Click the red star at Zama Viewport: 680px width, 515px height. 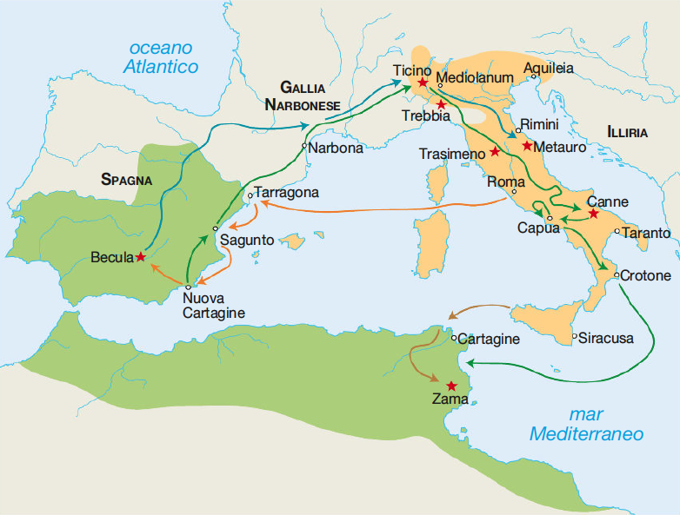(x=450, y=386)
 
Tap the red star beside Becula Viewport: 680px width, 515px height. (x=140, y=256)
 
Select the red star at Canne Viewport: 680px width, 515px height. (x=593, y=213)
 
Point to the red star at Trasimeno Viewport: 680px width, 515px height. (x=495, y=151)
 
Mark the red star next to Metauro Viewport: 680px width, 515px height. (x=527, y=145)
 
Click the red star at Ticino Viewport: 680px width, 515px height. (x=423, y=83)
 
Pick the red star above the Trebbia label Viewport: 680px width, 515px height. (x=442, y=104)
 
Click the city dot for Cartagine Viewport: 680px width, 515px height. (x=454, y=338)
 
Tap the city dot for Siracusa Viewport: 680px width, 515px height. (x=575, y=335)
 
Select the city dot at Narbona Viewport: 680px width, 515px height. (x=303, y=146)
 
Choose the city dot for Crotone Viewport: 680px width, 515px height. (x=616, y=275)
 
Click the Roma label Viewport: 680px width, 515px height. (x=506, y=182)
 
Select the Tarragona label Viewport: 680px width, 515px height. (x=287, y=192)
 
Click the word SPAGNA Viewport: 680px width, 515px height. (x=126, y=181)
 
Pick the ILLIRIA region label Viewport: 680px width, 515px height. (x=628, y=133)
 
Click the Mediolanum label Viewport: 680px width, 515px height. (x=477, y=76)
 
